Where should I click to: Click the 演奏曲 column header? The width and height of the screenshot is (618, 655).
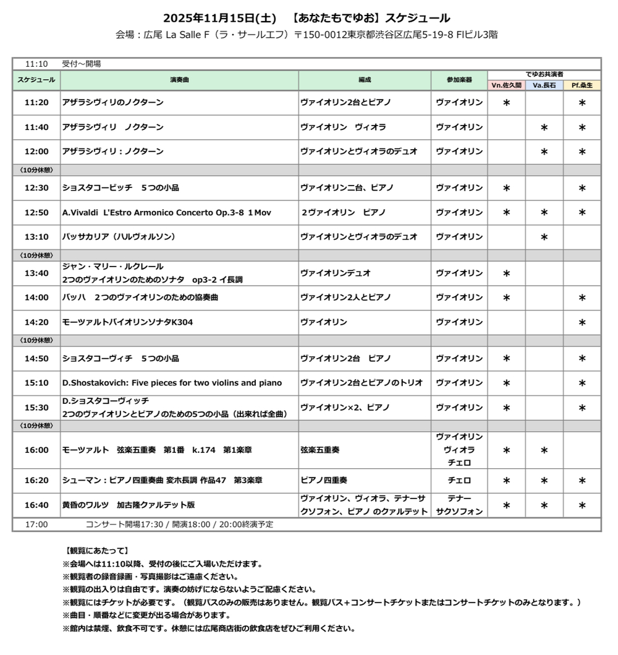[x=179, y=80]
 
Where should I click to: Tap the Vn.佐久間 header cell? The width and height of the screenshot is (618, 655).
[x=506, y=85]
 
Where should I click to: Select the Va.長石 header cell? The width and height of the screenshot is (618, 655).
[x=544, y=85]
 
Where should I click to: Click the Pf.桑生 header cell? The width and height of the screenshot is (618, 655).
[x=582, y=85]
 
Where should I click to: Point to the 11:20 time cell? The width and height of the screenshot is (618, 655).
[x=36, y=103]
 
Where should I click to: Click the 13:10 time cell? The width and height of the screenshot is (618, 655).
[x=36, y=237]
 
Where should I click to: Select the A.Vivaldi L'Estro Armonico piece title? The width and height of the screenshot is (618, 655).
[x=167, y=213]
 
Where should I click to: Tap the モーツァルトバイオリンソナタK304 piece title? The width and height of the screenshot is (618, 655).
[x=123, y=322]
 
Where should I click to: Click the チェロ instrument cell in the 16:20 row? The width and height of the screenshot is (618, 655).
[x=459, y=481]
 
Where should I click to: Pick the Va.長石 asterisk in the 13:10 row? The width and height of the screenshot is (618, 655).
[x=544, y=237]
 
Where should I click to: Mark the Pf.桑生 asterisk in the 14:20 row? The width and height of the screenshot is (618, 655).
[x=582, y=322]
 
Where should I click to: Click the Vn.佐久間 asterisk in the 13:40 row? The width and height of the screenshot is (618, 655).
[x=506, y=273]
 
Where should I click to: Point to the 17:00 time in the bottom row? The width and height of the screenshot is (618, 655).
[x=36, y=524]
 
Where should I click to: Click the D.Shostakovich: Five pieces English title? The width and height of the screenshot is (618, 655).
[x=172, y=383]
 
